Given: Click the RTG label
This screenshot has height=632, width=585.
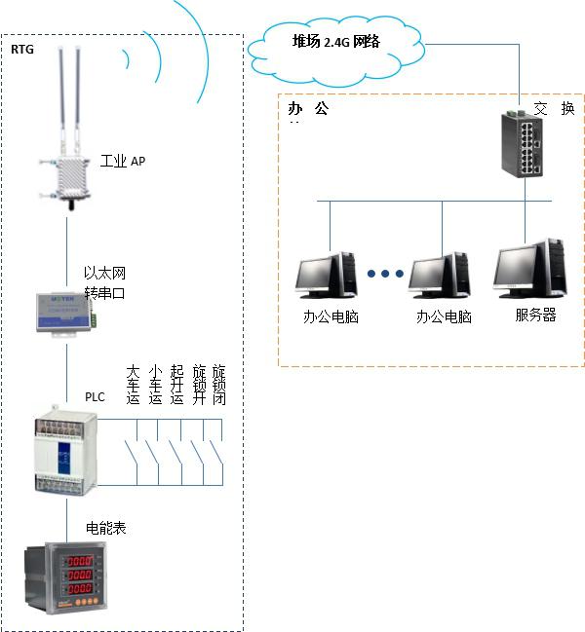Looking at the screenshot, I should point(22,48).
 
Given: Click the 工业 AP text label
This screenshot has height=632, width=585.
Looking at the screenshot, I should point(124,161).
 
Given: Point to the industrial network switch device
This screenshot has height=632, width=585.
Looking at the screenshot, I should point(525,142).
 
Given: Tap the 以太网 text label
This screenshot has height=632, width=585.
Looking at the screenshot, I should point(104,274).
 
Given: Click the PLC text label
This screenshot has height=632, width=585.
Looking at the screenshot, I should point(95,397).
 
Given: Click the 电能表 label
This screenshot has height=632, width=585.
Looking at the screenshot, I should point(106,528).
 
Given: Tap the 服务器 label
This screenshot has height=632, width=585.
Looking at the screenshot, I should point(535,316).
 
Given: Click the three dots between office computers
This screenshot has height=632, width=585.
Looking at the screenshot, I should point(385,274).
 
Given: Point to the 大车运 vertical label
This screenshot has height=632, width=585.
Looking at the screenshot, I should point(134,385).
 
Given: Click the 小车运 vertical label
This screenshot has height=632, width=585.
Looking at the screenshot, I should point(155,385).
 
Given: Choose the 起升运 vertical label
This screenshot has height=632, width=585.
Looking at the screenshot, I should point(176,385).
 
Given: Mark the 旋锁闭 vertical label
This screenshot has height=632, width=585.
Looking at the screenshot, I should point(219,385).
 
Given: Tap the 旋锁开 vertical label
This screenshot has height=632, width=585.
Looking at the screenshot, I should point(199,385).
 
